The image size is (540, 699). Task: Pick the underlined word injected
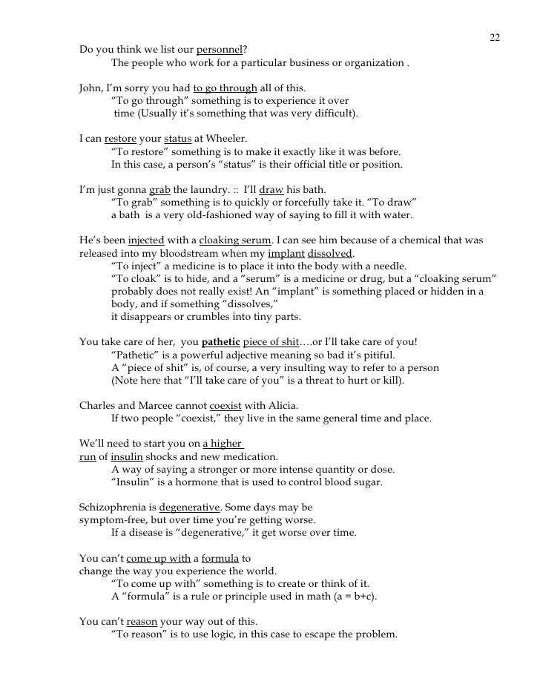[145, 241]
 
